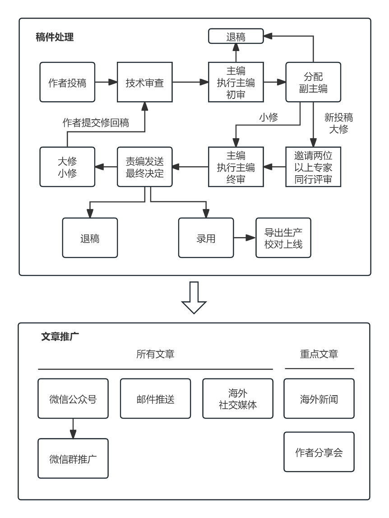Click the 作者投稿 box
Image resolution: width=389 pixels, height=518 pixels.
click(67, 82)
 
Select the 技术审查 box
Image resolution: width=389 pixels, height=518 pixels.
click(145, 82)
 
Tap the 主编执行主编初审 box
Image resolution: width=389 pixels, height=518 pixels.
click(236, 82)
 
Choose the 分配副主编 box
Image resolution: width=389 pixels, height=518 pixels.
click(313, 82)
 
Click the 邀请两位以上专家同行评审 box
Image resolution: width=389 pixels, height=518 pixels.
click(313, 167)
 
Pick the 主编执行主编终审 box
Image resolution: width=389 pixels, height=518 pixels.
click(236, 167)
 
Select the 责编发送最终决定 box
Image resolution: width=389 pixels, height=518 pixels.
click(145, 167)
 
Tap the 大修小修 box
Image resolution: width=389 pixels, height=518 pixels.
click(67, 167)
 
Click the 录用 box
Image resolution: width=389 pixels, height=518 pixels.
click(206, 238)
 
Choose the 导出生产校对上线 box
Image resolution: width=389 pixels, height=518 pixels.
click(283, 238)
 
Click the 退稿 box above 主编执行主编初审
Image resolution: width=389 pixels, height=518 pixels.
click(236, 36)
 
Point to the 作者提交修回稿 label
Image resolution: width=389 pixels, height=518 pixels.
click(96, 123)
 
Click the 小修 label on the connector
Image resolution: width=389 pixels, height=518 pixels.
click(269, 117)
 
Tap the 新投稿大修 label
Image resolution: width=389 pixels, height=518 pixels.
click(338, 123)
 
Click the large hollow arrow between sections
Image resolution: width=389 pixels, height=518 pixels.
click(194, 297)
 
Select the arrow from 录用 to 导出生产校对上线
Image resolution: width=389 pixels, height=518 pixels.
click(245, 238)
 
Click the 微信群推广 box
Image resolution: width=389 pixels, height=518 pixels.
click(73, 458)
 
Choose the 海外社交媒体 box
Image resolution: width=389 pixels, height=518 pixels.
click(238, 399)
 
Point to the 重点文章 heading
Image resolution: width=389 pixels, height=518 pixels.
click(319, 354)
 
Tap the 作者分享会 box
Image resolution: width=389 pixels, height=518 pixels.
click(319, 452)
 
